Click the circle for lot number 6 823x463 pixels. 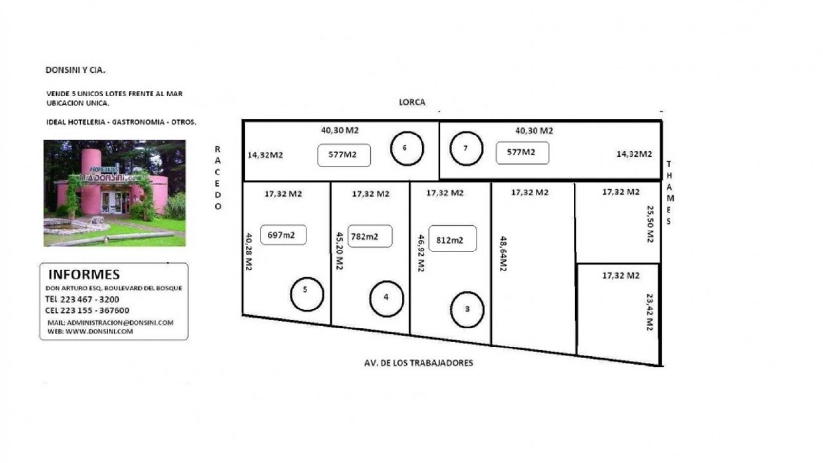tap(391, 149)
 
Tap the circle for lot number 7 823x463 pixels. tap(450, 149)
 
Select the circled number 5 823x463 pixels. tap(291, 294)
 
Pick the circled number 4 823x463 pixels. tap(370, 299)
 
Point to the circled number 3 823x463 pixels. tap(451, 310)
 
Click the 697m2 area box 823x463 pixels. tap(283, 235)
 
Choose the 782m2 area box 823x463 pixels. tap(370, 236)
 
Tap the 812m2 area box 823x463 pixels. tap(453, 238)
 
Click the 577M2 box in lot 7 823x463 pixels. tap(522, 153)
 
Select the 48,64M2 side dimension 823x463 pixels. tap(503, 254)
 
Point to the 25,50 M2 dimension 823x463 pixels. tap(650, 224)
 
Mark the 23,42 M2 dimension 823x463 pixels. tap(650, 312)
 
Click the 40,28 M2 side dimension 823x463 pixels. tap(249, 251)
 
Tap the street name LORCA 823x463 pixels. tap(412, 102)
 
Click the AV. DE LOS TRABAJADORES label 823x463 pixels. tap(419, 363)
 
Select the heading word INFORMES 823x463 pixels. tap(84, 274)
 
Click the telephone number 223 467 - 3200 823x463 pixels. tap(90, 299)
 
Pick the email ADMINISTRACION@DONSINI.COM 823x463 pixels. tap(120, 322)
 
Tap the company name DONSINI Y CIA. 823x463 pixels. tap(76, 70)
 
